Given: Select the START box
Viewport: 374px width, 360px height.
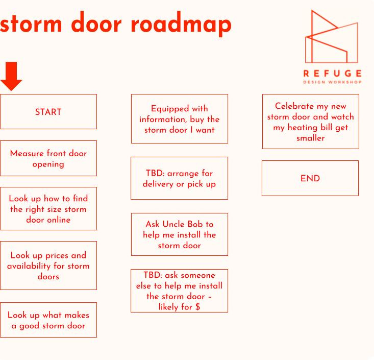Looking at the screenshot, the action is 48,111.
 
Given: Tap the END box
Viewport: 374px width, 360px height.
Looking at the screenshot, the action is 310,178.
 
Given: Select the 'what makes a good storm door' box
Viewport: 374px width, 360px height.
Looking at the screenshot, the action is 48,320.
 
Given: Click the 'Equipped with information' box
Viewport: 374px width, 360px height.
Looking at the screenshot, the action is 179,118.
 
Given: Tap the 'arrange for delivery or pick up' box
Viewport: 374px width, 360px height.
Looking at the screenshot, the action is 179,178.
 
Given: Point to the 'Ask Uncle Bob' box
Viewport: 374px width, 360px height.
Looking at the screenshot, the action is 179,234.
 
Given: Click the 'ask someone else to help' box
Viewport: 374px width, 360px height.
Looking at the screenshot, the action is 179,291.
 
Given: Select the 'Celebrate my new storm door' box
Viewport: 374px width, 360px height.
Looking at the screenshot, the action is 310,122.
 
